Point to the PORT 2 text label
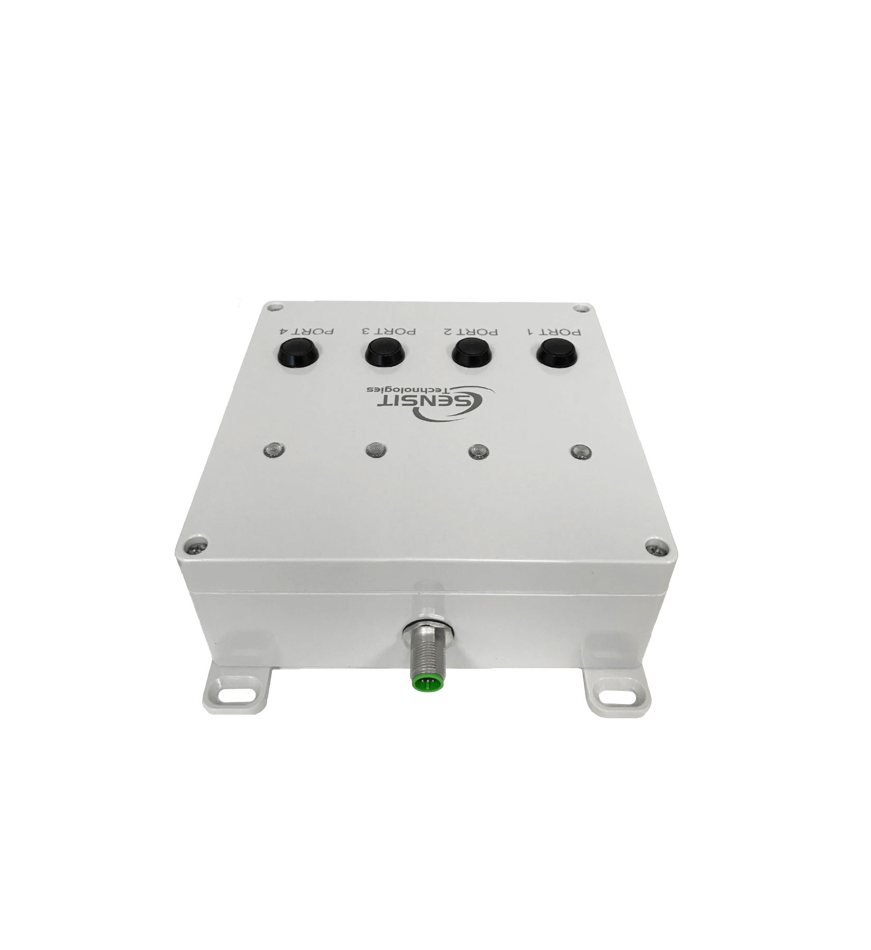click(469, 332)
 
